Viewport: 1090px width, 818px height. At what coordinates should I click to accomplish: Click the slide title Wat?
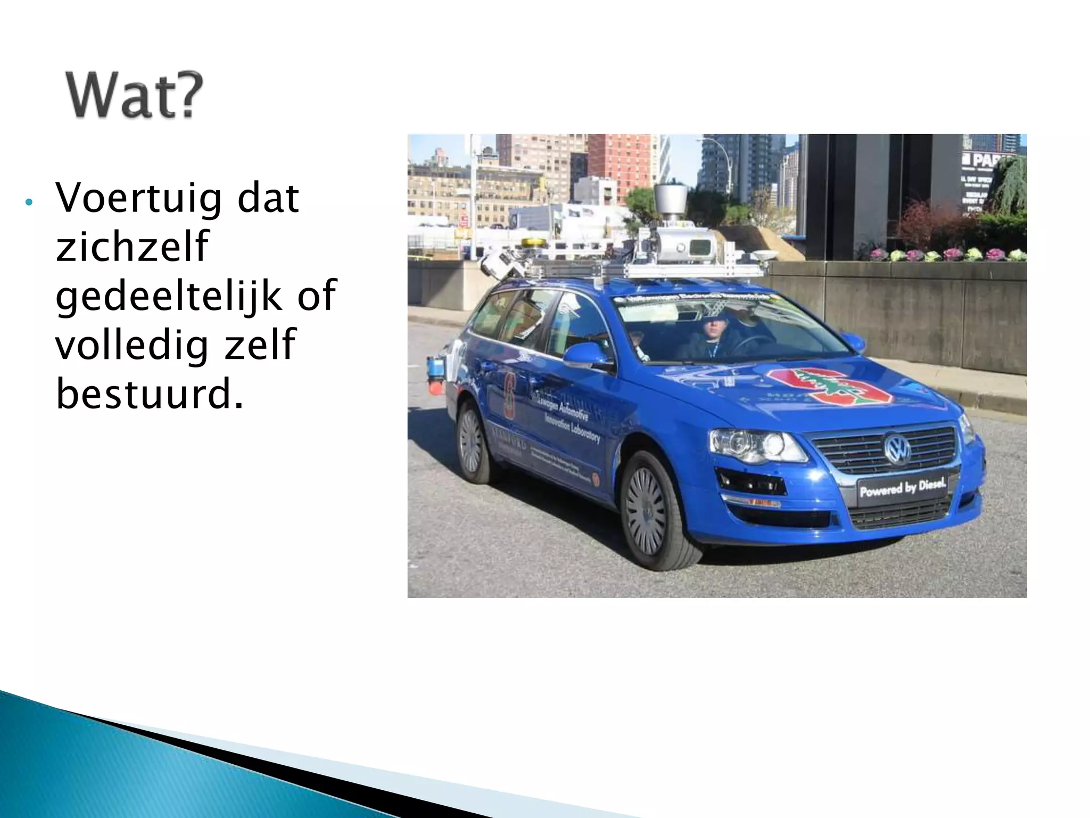tap(134, 96)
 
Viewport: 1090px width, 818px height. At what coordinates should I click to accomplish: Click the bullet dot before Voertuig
tap(29, 202)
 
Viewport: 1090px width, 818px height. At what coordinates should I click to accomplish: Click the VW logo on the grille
tap(897, 449)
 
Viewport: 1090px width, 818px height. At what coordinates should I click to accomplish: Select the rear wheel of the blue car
tap(471, 441)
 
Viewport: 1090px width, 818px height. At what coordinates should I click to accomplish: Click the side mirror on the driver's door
tap(585, 355)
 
